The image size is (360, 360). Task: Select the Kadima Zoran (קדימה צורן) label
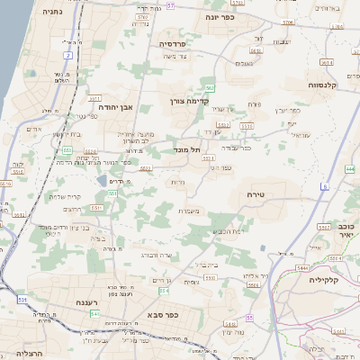tap(190, 102)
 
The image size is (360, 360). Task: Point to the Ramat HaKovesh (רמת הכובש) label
tap(209, 232)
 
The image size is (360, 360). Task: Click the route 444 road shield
tap(349, 168)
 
